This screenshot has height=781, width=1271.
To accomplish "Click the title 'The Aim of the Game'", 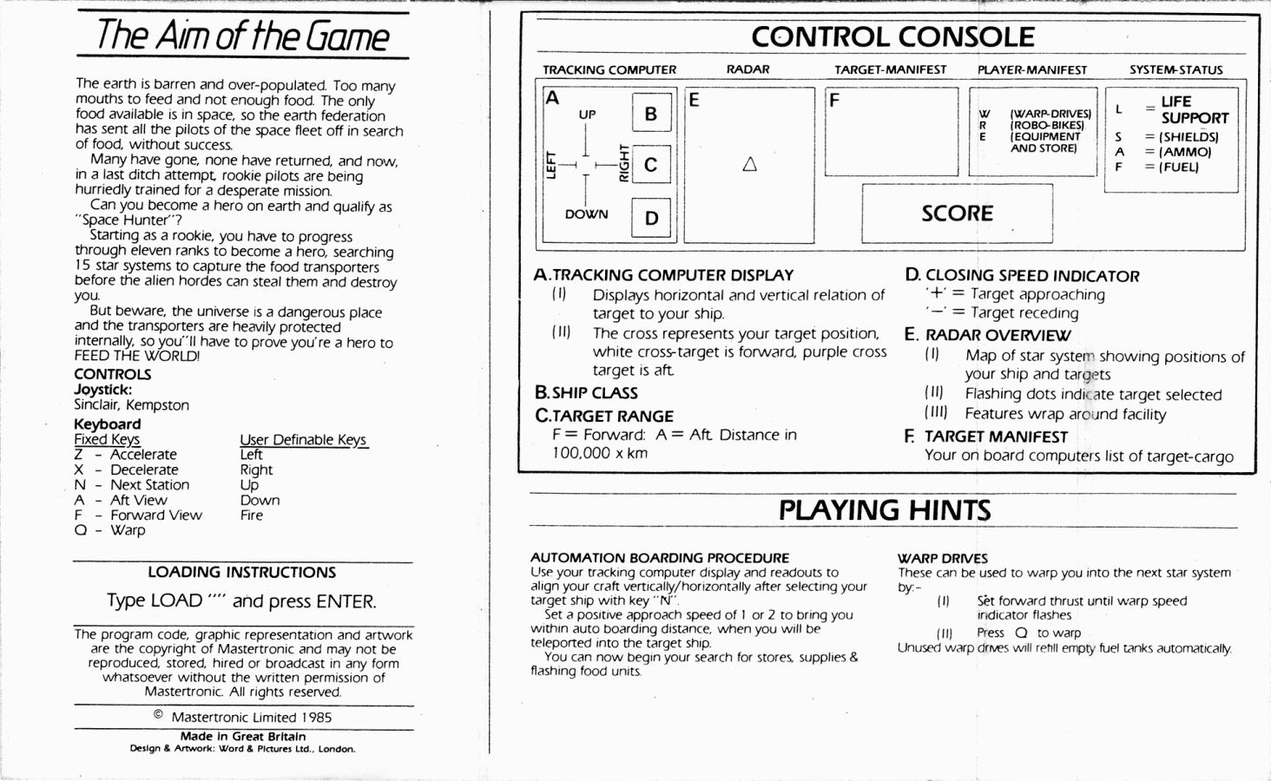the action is coord(243,36).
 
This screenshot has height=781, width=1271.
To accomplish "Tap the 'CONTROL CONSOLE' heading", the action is coord(892,37).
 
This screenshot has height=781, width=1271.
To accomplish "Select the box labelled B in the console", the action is coord(651,112).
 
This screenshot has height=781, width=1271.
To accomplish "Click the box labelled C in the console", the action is coord(651,165).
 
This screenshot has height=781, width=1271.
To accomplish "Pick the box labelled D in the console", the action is coord(651,218).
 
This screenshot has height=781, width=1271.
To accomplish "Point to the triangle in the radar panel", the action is coord(749,164).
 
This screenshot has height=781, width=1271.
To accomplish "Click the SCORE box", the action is coord(958,213).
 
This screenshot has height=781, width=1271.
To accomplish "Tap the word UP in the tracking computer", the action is coord(587,114).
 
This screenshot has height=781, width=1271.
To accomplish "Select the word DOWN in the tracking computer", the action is coord(586,213).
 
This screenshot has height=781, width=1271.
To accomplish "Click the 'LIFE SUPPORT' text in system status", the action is coord(1195,110).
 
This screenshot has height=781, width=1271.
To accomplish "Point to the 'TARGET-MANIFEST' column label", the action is coord(890,69).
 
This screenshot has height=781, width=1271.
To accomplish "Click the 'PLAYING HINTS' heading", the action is coord(885,510).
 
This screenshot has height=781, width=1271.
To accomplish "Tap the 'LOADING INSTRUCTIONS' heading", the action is coord(242,572).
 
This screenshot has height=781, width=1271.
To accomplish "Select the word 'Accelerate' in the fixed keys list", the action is coord(143,455).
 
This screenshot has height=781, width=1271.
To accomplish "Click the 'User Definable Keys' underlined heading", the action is coord(303,440).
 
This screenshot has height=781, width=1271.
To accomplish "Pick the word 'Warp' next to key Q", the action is coord(128,530).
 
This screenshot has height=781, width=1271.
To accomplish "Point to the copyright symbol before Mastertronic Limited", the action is coord(158,715).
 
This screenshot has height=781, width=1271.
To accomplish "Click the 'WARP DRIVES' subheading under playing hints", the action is coord(943,558).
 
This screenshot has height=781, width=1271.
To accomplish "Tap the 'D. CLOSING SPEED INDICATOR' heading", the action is coord(1023,276).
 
